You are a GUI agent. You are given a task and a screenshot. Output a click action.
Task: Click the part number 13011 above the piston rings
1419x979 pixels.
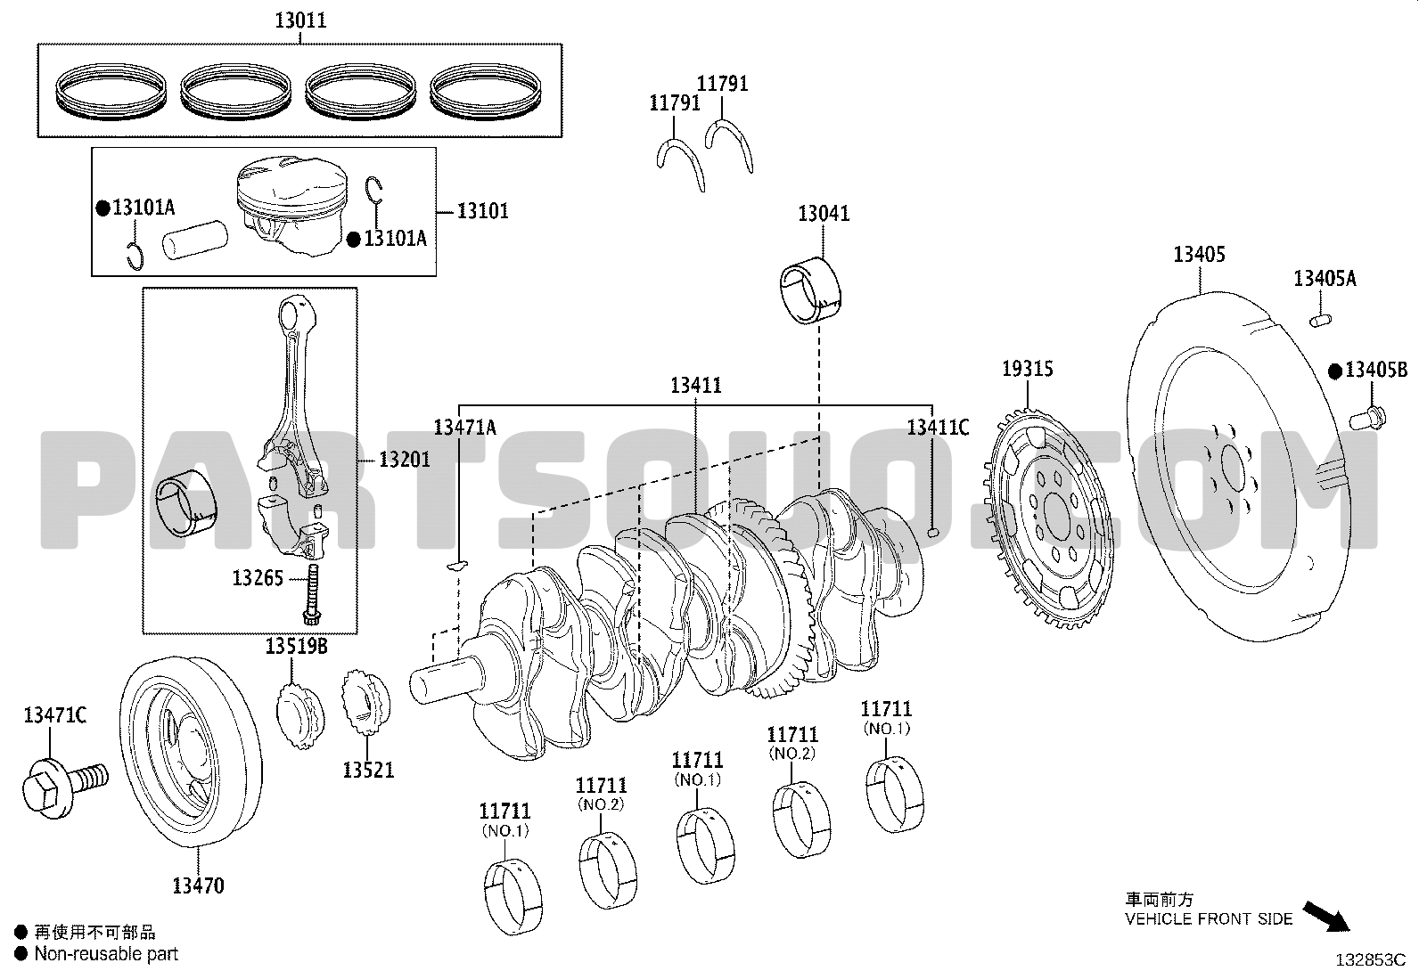click(301, 20)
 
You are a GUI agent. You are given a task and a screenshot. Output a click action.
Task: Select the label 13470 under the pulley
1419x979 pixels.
click(198, 885)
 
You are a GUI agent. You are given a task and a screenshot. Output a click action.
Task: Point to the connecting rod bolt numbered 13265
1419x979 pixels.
click(313, 594)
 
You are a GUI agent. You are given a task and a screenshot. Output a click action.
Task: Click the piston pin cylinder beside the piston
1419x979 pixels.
click(195, 239)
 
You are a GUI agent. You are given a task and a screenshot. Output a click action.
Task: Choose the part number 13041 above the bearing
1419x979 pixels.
click(824, 214)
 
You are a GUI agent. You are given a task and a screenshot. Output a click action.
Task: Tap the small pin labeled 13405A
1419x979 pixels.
click(1320, 321)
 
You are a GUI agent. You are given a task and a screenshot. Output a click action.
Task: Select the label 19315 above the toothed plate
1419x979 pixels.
click(1028, 369)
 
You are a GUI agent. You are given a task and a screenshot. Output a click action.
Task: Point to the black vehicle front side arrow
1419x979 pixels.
click(1326, 917)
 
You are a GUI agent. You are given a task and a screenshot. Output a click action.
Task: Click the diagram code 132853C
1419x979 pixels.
click(1371, 960)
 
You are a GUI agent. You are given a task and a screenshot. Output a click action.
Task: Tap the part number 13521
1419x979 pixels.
click(368, 770)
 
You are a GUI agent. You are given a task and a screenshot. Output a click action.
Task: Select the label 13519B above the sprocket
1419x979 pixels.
click(296, 646)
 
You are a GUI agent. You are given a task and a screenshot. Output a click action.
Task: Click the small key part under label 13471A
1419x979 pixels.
click(456, 564)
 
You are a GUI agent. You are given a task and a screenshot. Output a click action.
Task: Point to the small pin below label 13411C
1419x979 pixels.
click(932, 533)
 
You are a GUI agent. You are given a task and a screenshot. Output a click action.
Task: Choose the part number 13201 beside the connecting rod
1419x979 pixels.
click(405, 459)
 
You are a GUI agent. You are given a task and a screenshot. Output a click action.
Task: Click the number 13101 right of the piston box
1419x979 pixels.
click(483, 211)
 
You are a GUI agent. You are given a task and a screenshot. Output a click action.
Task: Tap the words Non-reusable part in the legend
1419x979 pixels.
click(106, 954)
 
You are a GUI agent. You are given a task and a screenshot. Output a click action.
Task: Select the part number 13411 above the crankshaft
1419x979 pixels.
click(696, 385)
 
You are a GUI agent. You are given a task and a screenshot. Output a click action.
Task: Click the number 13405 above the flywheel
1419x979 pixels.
click(1199, 255)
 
